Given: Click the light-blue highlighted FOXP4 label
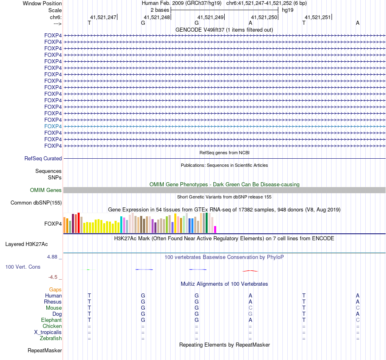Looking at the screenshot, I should [53, 126].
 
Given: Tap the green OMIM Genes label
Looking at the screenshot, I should [46, 190].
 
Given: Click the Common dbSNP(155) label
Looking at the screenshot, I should [36, 203].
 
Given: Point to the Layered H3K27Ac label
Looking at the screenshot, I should [26, 244].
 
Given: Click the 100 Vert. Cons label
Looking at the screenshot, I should [23, 267].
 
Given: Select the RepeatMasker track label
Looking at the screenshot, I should [45, 350].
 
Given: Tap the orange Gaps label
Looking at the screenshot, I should [55, 289].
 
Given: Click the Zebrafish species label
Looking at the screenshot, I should [51, 338].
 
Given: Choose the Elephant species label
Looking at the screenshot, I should [51, 320].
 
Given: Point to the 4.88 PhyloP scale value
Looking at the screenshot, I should [54, 257].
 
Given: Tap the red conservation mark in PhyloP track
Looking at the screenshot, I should [250, 271].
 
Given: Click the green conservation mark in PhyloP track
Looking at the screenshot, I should [89, 269].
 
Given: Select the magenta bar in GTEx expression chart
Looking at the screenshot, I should [215, 229].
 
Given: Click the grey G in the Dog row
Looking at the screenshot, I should [250, 314].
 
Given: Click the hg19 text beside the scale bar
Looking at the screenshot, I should [288, 10].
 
